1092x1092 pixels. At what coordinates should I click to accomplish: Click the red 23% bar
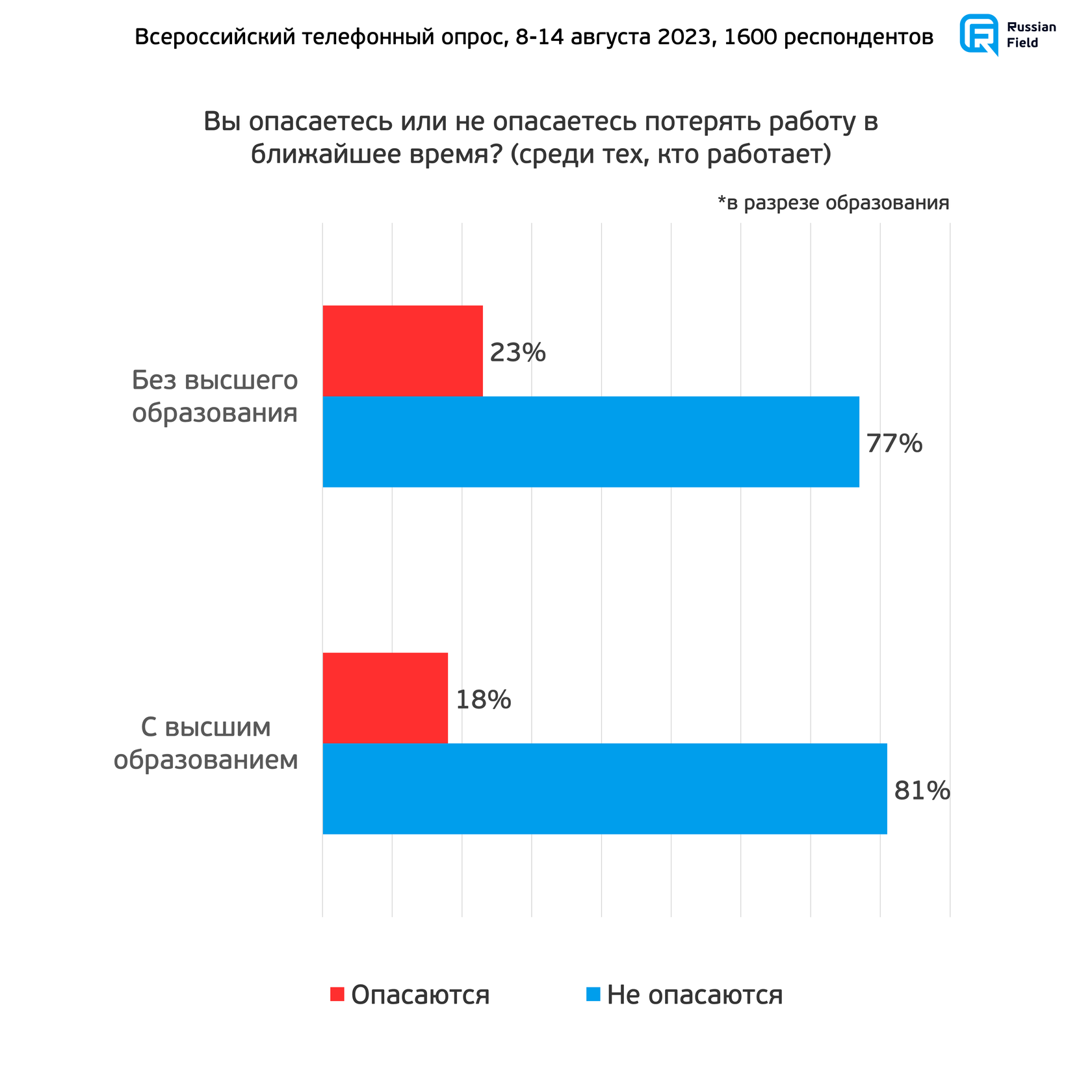click(402, 350)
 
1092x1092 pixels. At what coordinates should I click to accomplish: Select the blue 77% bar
click(590, 441)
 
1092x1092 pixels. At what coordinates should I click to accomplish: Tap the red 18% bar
click(385, 697)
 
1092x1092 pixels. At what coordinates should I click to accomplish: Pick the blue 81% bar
click(604, 788)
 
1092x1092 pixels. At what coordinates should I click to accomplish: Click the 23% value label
click(517, 352)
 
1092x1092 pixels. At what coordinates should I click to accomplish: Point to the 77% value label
click(894, 443)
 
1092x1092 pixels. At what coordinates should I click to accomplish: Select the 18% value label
click(483, 700)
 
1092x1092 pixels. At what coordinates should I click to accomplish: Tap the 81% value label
click(922, 791)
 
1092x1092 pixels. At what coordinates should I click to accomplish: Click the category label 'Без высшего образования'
click(214, 396)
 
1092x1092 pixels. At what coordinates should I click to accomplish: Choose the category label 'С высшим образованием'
click(206, 743)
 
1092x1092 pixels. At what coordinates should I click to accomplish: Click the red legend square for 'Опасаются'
click(337, 994)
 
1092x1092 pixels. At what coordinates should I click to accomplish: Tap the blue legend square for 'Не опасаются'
click(593, 994)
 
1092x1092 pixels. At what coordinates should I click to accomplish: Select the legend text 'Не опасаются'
click(694, 995)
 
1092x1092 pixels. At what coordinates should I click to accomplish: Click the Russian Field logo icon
click(979, 34)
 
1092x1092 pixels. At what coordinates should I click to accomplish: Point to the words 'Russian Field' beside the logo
click(1031, 35)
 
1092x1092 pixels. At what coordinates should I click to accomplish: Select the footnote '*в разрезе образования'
click(833, 203)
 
